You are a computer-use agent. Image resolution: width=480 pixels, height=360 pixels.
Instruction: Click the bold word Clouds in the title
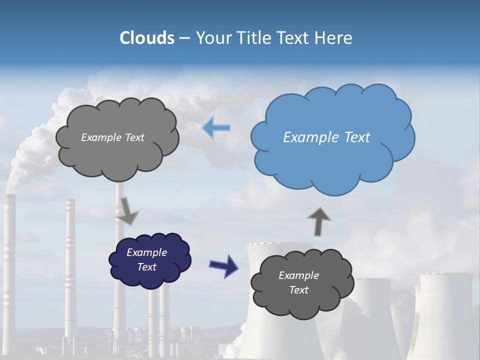point(146,38)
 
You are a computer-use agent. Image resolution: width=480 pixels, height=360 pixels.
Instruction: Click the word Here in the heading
point(335,38)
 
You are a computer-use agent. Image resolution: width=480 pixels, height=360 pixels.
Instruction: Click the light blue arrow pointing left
point(216,128)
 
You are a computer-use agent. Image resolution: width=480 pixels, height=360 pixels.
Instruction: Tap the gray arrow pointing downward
point(127,211)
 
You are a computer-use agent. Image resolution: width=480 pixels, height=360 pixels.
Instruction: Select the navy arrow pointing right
point(223,265)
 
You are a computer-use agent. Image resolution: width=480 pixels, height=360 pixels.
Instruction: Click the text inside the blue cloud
point(326,137)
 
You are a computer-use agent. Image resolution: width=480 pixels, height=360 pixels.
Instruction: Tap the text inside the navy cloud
point(147,259)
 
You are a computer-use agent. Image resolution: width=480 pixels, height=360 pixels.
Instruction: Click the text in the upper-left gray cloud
point(112,137)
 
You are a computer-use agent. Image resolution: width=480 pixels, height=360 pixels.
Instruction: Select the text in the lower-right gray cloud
point(298,282)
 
